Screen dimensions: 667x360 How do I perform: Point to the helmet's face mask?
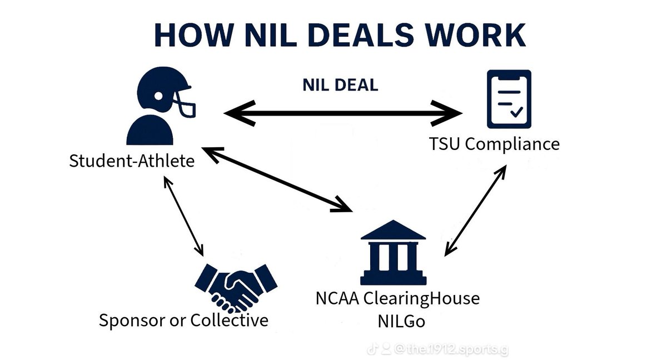click(186, 103)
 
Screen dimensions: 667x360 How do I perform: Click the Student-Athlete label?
click(132, 161)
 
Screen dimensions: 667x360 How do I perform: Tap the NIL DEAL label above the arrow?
click(340, 84)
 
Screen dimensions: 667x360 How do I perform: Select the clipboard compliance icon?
click(509, 98)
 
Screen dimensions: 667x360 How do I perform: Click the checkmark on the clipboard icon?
click(516, 112)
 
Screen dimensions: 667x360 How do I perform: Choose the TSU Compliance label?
click(494, 144)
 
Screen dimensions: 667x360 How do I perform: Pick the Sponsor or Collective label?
click(183, 320)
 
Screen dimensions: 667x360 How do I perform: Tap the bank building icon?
click(393, 253)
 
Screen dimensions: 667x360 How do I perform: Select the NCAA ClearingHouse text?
click(397, 298)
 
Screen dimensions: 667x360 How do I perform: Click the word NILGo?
click(397, 321)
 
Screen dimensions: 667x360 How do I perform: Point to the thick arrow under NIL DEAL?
click(343, 114)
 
